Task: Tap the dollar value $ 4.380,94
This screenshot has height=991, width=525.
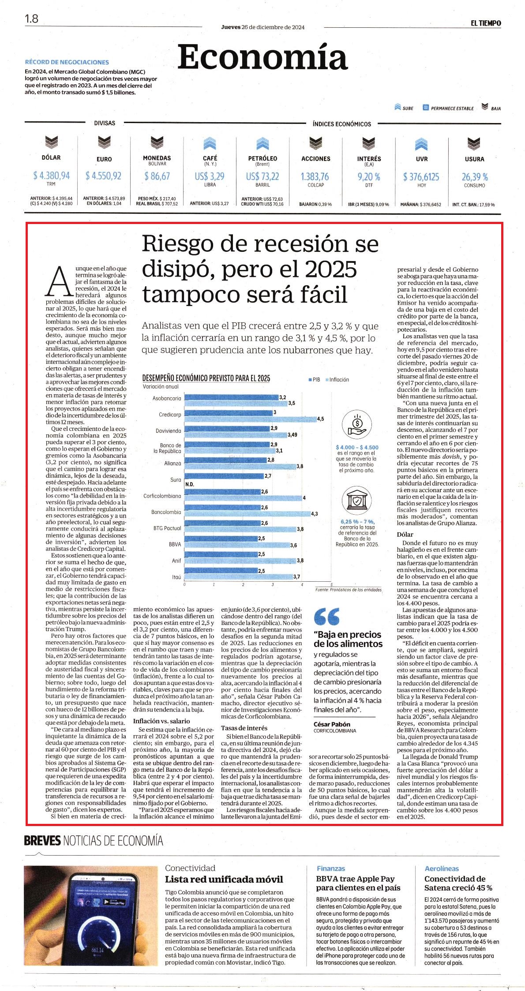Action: [x=51, y=176]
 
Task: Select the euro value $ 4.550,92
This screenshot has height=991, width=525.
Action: [x=104, y=176]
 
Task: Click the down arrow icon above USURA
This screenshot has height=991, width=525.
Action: [x=474, y=143]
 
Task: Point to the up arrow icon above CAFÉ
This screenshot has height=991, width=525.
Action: [x=210, y=143]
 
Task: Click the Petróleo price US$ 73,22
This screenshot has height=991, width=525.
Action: [x=262, y=176]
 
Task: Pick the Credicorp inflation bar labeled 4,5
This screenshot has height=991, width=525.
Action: [x=250, y=419]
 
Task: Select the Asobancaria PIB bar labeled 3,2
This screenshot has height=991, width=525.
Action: [x=231, y=397]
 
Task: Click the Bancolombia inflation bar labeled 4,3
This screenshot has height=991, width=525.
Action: [x=247, y=514]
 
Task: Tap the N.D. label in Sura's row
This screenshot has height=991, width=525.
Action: [x=190, y=484]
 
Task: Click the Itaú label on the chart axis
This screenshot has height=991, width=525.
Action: [x=176, y=577]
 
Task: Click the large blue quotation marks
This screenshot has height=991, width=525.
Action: [x=326, y=616]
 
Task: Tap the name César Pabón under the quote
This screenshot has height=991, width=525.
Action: [x=332, y=724]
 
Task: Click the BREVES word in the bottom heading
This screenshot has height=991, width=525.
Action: [x=42, y=841]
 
